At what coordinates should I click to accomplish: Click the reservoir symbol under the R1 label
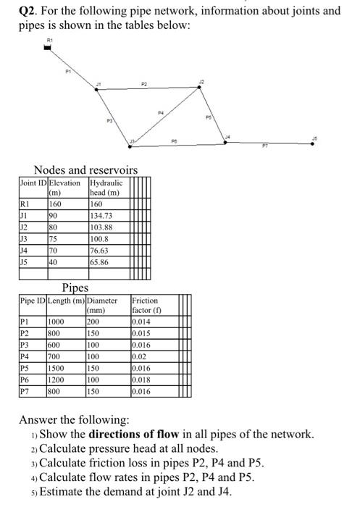48,48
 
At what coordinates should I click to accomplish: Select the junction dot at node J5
313,143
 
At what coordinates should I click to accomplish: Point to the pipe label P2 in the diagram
145,84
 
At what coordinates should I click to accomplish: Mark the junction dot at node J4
225,142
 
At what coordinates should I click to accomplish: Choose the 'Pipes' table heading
75,288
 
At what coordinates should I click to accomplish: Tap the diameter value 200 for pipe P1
93,323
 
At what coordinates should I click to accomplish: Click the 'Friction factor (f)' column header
146,304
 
